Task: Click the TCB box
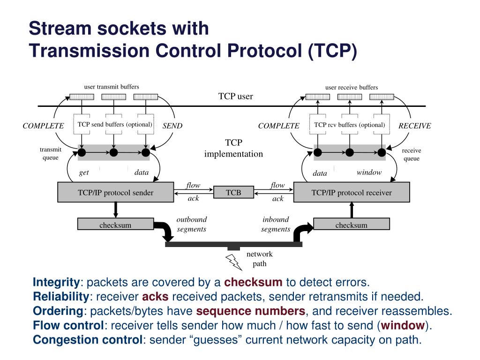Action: pos(233,192)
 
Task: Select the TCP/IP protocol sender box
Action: pos(115,192)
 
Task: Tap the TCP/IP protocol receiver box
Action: pos(352,192)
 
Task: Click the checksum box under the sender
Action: pos(115,225)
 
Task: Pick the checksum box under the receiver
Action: pos(352,225)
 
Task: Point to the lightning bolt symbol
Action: pos(234,262)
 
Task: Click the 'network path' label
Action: pos(260,259)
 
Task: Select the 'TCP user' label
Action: pos(235,97)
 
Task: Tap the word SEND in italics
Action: pos(172,126)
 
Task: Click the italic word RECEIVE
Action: pos(414,126)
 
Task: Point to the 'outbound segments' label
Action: pos(191,224)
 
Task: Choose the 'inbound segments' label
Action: pos(276,224)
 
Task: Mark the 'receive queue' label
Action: pos(412,154)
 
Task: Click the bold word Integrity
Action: pos(56,282)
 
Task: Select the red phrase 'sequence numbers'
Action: pos(251,311)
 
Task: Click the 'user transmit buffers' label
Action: pos(112,87)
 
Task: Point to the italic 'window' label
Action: pos(369,172)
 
